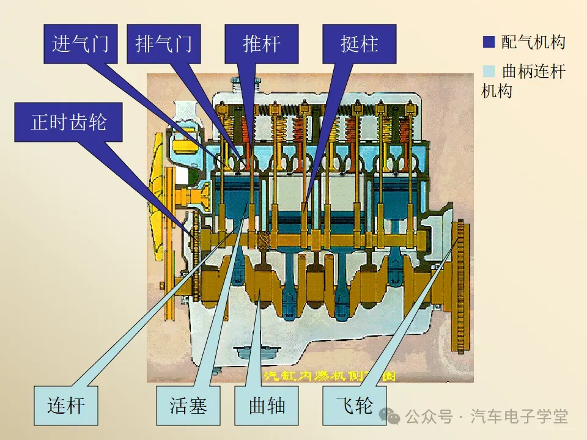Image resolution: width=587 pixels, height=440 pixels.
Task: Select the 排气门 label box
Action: (x=163, y=44)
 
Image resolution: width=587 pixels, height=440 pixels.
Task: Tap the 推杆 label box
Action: (x=261, y=44)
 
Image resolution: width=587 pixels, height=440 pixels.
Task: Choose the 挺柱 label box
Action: (x=359, y=44)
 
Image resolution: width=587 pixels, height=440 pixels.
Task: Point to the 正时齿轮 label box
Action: (x=68, y=122)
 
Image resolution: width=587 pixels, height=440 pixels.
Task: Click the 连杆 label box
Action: (x=66, y=405)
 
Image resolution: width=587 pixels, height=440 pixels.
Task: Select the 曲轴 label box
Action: (x=267, y=405)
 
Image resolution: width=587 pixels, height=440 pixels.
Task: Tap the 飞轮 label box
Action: (x=355, y=405)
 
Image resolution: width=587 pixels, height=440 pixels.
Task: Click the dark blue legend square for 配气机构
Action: (x=489, y=42)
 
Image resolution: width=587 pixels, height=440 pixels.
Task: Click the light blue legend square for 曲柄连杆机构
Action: (x=489, y=71)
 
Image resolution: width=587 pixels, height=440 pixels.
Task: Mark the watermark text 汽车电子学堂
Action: (x=520, y=417)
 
